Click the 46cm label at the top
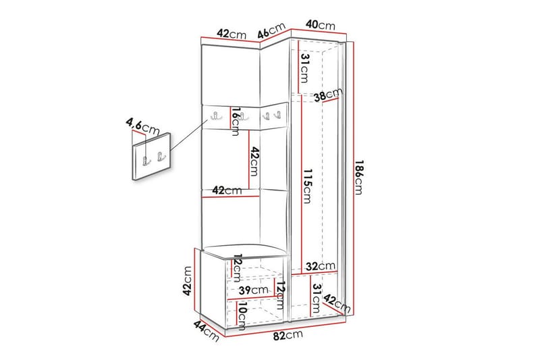[x=272, y=30]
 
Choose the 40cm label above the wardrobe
[x=320, y=26]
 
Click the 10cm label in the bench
[x=241, y=313]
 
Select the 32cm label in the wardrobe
[x=319, y=266]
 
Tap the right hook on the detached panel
[x=160, y=158]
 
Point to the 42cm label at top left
[x=232, y=34]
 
